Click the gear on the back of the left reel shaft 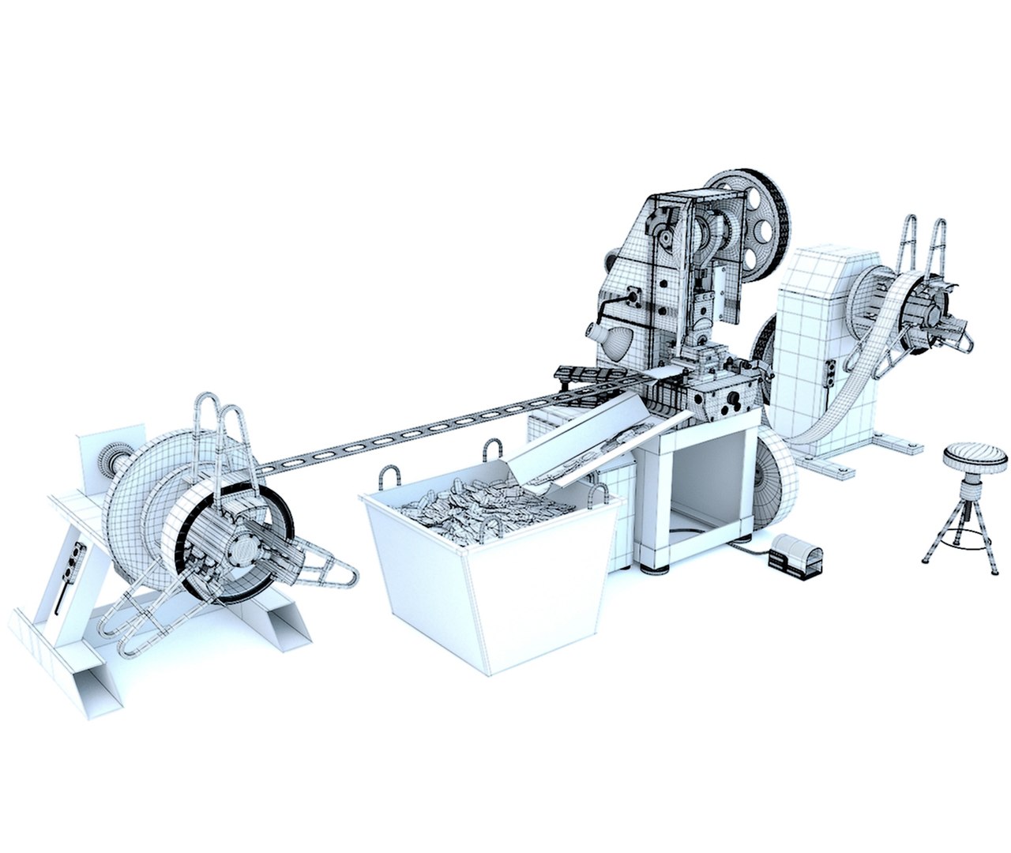tap(110, 458)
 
